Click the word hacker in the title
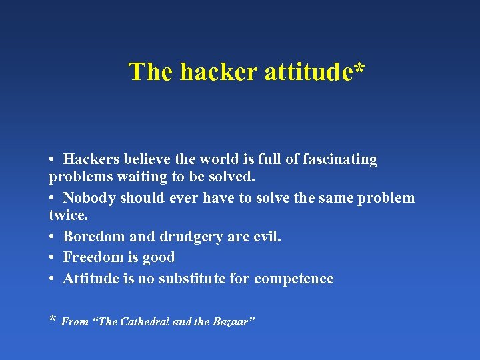(218, 72)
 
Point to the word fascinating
(340, 160)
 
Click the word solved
(233, 178)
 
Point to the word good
(158, 257)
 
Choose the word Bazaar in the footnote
(233, 322)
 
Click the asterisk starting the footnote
(53, 320)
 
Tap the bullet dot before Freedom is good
(52, 258)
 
